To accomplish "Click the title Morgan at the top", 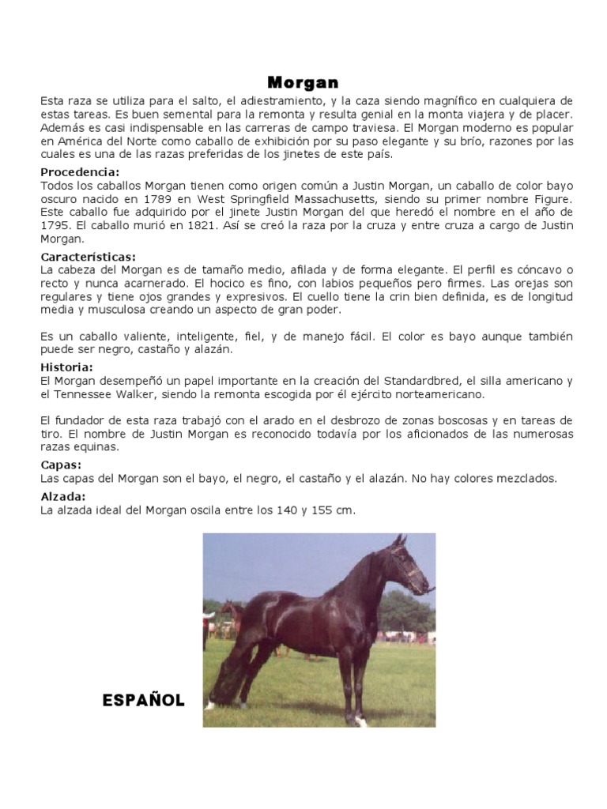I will tap(303, 83).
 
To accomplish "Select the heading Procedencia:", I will tap(80, 171).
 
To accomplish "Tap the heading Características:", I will tap(88, 257).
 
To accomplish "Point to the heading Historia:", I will tap(66, 367).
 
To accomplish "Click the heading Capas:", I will tap(61, 465).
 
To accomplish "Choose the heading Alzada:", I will tap(62, 497).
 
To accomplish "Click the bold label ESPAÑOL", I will tap(143, 700).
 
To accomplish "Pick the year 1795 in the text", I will tap(55, 225).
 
